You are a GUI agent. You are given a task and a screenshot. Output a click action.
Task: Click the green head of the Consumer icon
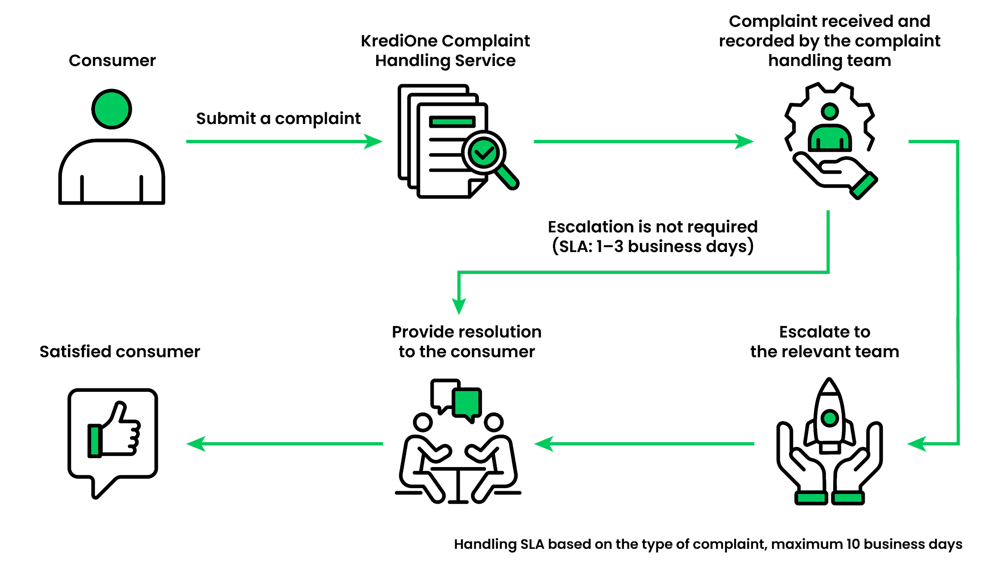111,109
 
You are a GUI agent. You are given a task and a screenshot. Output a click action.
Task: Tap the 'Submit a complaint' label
278,118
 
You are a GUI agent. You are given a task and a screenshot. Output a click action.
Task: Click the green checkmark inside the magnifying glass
484,152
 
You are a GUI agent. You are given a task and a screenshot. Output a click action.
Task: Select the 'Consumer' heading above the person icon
112,61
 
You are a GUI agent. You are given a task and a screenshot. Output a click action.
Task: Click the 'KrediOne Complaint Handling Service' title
445,51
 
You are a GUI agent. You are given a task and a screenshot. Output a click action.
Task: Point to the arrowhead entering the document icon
374,141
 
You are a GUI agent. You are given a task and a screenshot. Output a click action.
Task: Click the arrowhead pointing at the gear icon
744,141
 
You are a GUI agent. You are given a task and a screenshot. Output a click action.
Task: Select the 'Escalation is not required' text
653,227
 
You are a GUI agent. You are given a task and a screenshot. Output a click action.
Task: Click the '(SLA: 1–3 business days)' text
653,246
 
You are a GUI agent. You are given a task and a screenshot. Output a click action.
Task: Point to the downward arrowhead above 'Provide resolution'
459,306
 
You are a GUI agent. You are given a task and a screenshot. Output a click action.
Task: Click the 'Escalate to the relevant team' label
825,342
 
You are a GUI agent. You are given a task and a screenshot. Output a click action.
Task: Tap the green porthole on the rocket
830,418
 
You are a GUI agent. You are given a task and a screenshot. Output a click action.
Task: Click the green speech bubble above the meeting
466,402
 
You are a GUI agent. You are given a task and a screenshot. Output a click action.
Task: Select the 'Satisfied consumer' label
120,352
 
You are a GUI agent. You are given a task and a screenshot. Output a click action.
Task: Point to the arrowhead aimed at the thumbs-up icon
196,443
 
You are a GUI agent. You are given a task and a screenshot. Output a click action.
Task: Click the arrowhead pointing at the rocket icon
917,443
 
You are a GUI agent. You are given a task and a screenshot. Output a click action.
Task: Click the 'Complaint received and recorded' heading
830,41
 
